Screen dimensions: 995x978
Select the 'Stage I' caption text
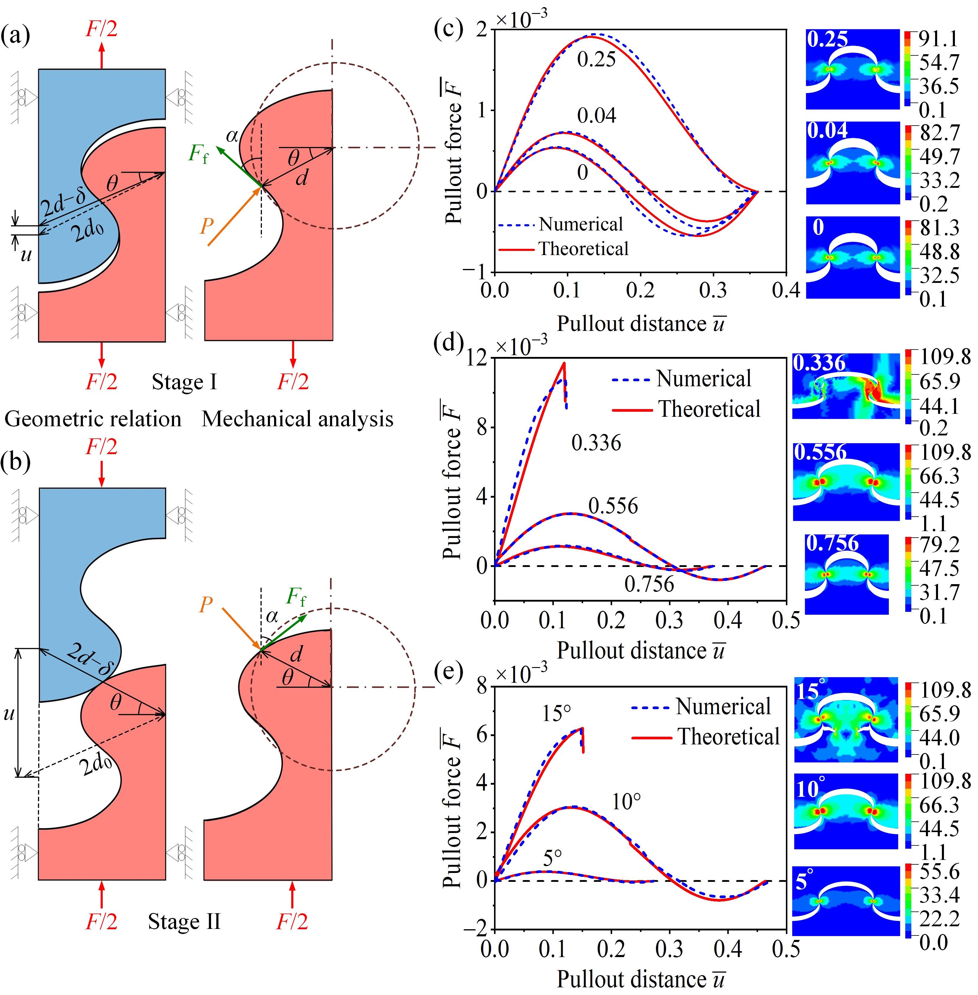click(x=184, y=382)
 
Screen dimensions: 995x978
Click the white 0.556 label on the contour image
click(x=820, y=452)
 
